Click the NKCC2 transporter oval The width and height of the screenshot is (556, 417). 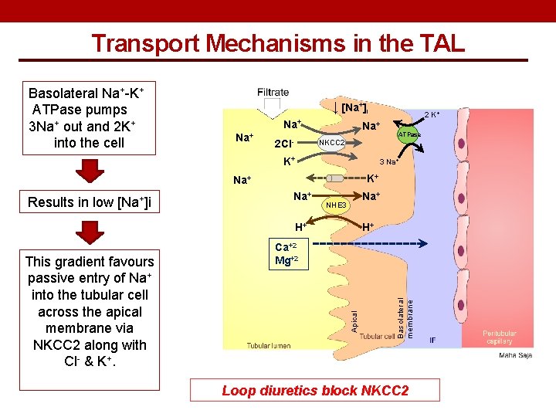tap(331, 143)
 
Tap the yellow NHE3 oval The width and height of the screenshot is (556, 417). tap(336, 205)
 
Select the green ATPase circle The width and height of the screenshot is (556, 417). tap(408, 134)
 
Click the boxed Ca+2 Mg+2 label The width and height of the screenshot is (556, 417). tap(289, 254)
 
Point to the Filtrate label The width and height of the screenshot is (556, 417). tap(273, 92)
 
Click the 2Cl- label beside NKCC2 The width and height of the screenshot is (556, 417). tap(283, 144)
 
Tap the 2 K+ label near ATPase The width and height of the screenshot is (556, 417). tap(432, 114)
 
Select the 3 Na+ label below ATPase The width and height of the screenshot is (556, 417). tap(389, 161)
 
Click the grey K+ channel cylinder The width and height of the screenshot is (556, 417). tap(334, 178)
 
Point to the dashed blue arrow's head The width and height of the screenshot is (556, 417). tap(423, 243)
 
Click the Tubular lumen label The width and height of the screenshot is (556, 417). tap(269, 345)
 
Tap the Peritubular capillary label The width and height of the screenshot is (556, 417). tap(500, 337)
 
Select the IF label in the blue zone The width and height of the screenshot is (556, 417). tap(432, 340)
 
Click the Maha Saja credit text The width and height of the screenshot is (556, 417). tap(516, 355)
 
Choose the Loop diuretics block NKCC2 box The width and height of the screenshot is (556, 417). tap(315, 390)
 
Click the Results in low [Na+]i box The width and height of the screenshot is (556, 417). tap(90, 202)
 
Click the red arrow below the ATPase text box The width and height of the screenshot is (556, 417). tap(90, 171)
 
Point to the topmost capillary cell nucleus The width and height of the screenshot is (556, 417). tap(462, 144)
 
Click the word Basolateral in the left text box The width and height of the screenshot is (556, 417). tap(63, 93)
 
